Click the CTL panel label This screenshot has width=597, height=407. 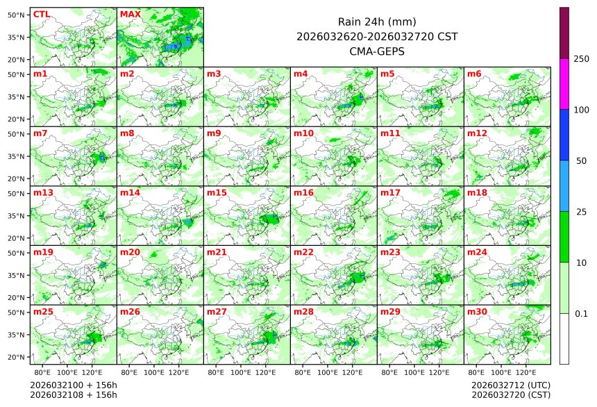[42, 14]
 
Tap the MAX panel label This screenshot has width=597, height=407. [129, 14]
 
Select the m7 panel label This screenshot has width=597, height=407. [40, 133]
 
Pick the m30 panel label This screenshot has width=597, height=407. [477, 312]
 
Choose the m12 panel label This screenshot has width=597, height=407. [477, 133]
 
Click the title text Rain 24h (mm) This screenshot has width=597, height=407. [376, 22]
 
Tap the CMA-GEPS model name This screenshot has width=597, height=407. [376, 51]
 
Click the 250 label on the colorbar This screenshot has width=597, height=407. [581, 59]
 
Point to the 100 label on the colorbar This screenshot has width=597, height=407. [581, 110]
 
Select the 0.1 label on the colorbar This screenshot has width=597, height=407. [581, 313]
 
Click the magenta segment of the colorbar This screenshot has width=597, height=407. [564, 83]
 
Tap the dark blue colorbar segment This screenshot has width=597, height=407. [564, 135]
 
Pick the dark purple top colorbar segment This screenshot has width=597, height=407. [564, 33]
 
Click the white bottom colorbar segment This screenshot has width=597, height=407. [564, 338]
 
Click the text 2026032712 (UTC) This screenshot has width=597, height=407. [510, 385]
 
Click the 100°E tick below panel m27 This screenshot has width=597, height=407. [240, 372]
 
